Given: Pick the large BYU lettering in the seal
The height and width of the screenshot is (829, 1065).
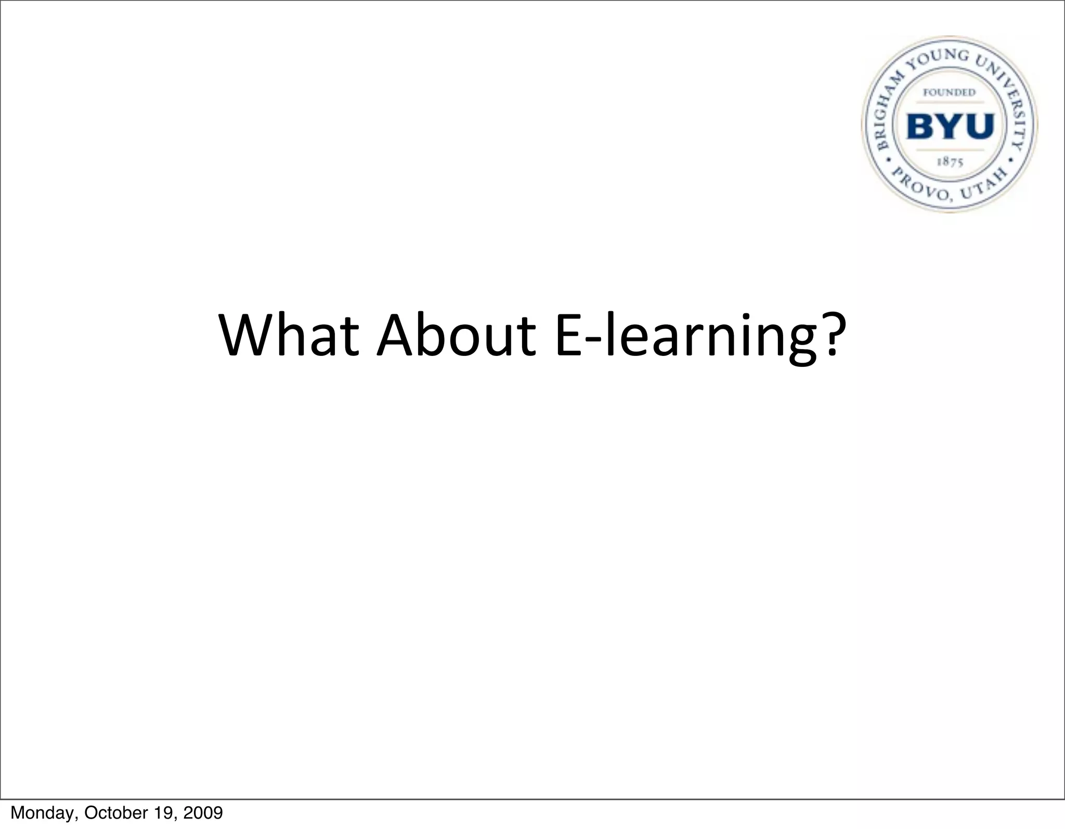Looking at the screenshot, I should coord(950,126).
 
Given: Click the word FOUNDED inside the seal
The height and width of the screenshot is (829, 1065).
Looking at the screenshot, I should coord(949,93).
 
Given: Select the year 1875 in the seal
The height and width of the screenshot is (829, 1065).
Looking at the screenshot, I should coord(950,162).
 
